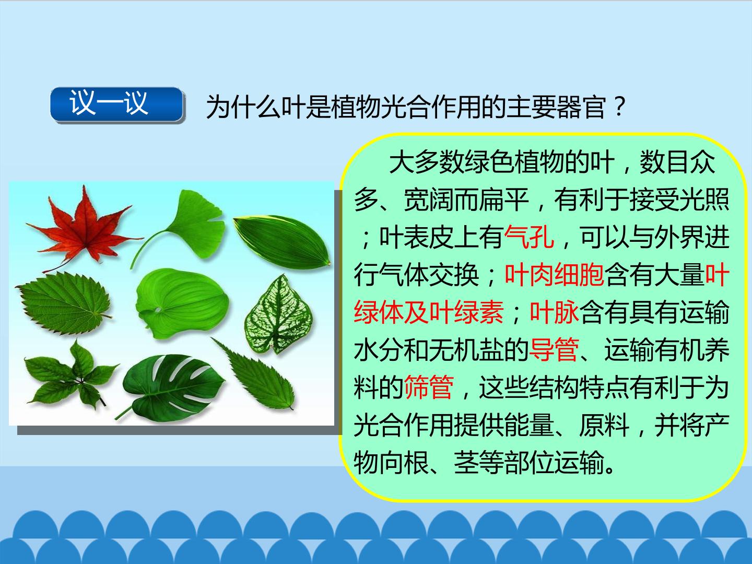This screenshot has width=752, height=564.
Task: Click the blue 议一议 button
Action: point(116,104)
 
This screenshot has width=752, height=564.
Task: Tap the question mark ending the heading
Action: point(619,107)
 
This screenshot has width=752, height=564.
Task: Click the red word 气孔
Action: point(529,237)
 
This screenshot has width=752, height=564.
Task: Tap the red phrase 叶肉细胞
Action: point(554,275)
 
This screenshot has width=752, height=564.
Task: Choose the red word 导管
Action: point(554,350)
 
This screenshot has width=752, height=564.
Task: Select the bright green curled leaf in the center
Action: point(182,303)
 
